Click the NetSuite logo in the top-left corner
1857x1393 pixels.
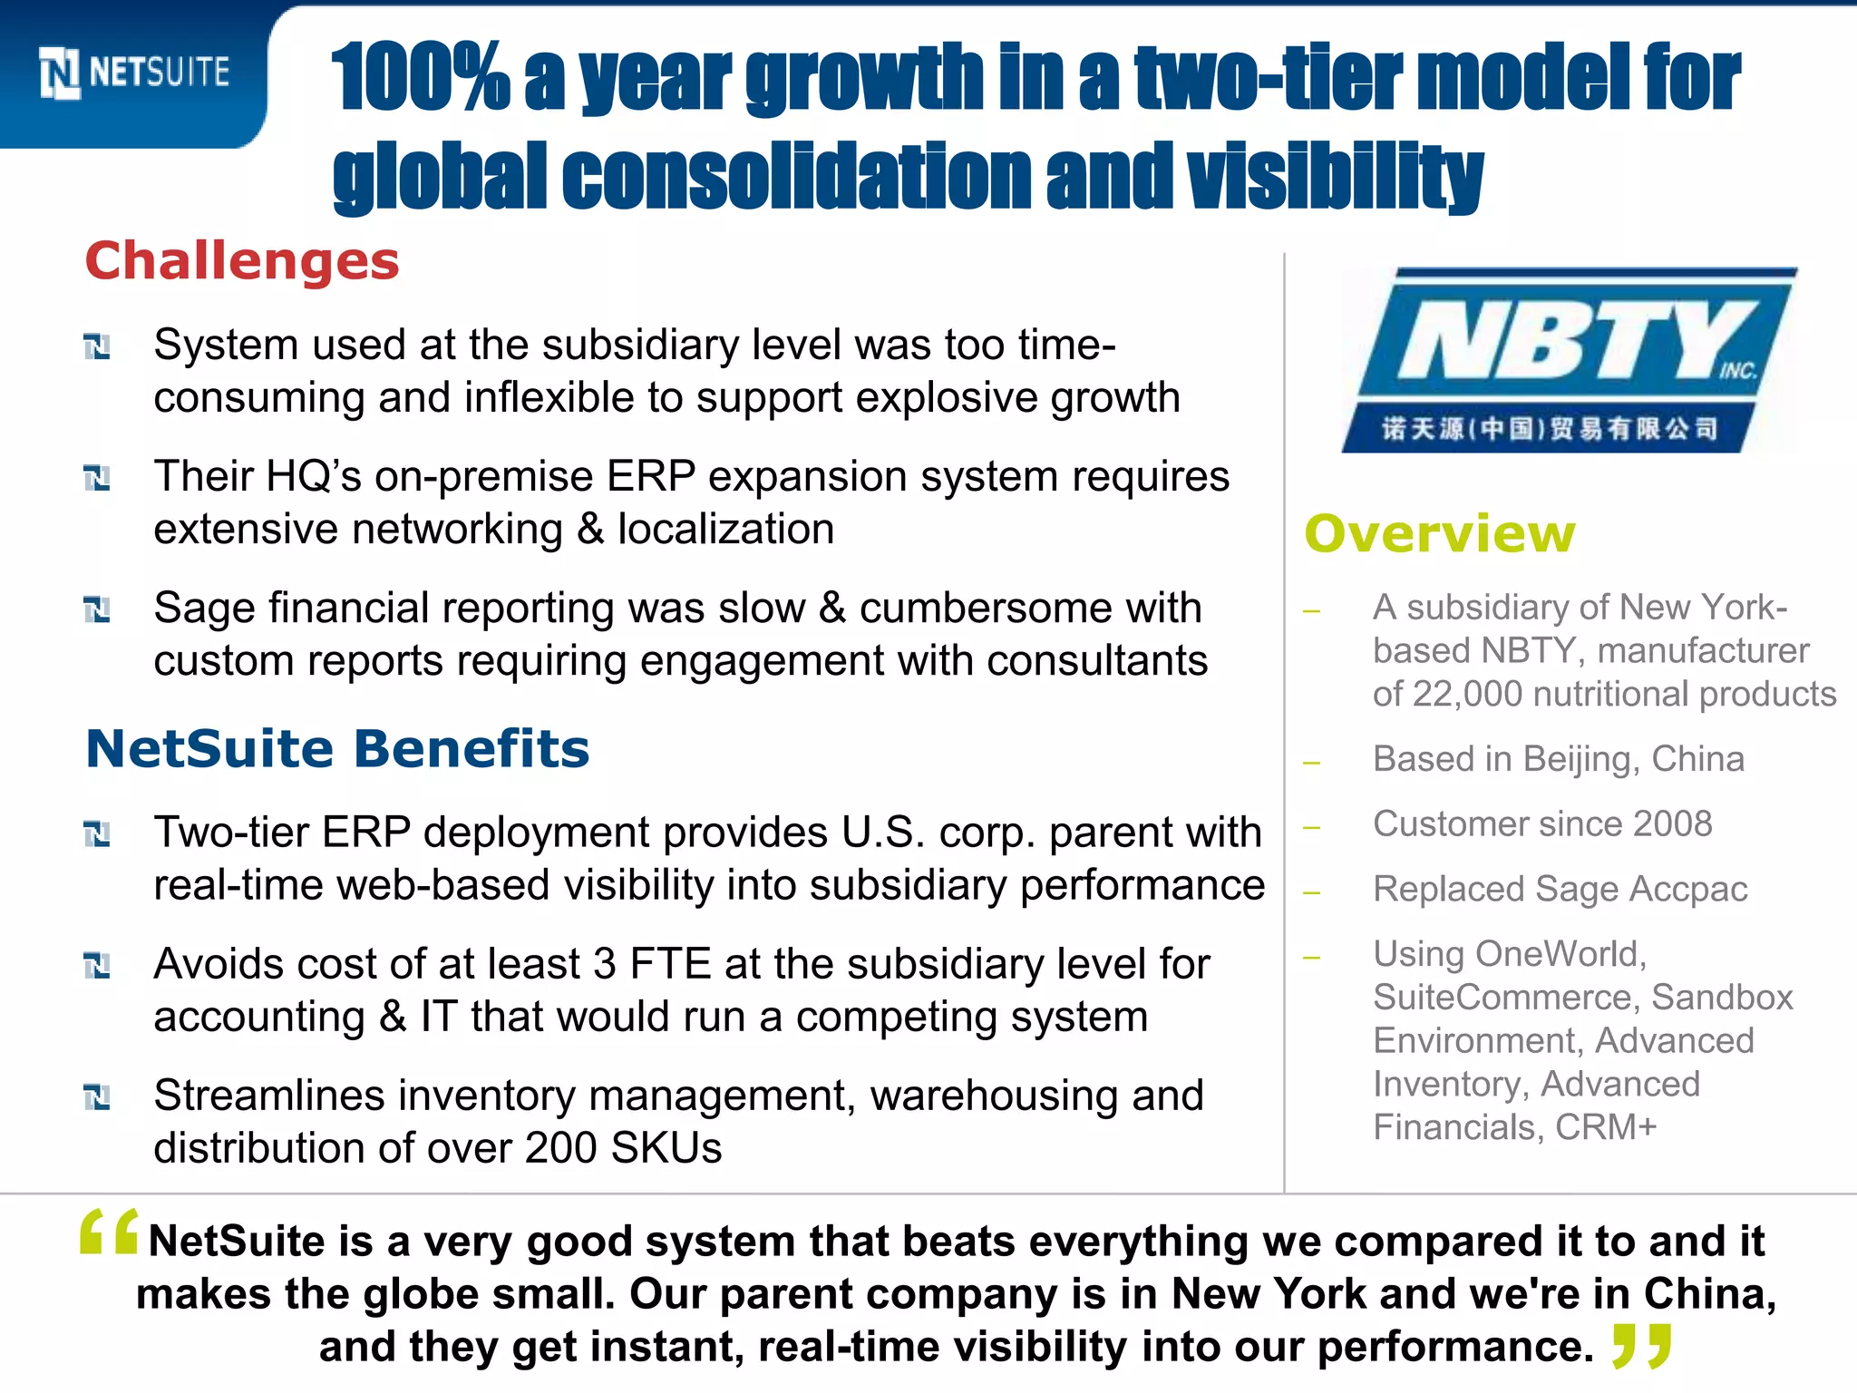[134, 73]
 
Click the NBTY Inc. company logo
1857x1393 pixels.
[1569, 361]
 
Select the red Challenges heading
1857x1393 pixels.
[241, 261]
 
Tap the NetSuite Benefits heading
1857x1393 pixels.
[337, 749]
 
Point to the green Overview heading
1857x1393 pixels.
[1440, 533]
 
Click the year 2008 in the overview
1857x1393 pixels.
[1672, 824]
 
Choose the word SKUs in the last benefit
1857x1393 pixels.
[666, 1148]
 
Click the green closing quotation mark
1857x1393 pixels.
[1641, 1346]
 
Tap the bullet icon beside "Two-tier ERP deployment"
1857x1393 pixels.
[97, 833]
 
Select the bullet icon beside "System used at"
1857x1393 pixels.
[97, 346]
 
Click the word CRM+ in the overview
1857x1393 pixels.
[1606, 1128]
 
